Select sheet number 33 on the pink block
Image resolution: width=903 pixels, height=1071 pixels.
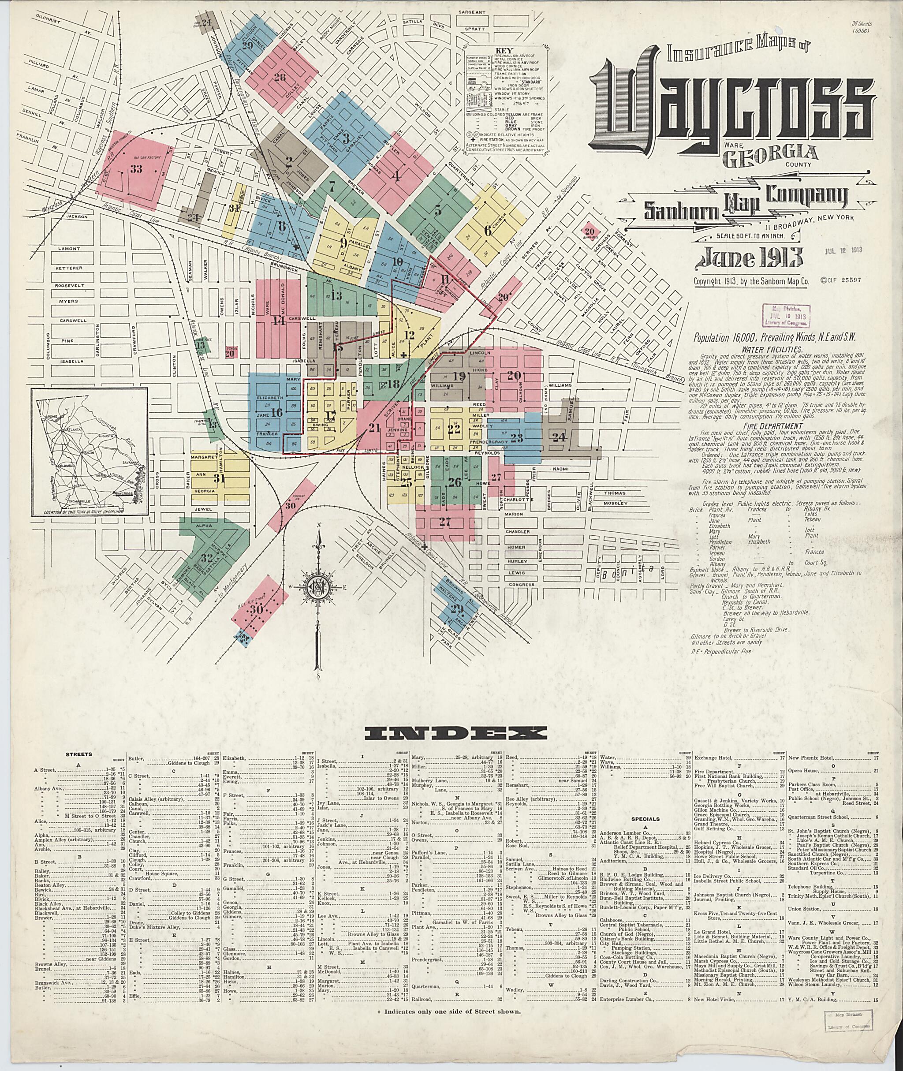coord(136,169)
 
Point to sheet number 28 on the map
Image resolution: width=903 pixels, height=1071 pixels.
coord(280,78)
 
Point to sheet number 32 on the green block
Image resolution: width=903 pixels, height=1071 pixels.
coord(207,557)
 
